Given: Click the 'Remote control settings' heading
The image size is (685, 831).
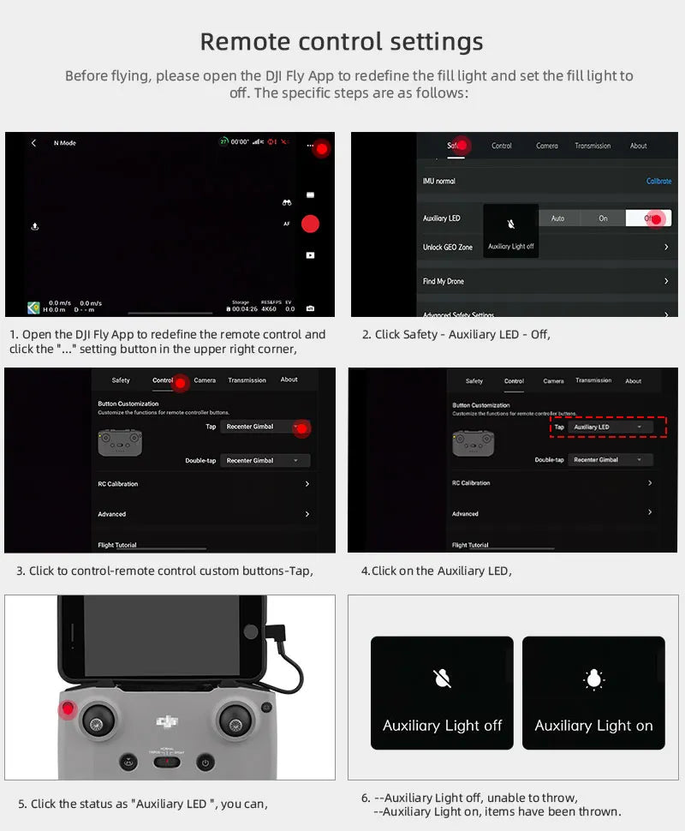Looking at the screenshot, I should pos(342,41).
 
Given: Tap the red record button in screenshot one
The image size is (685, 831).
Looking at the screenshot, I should pos(310,224).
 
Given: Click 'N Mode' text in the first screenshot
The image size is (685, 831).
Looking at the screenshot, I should pos(64,143).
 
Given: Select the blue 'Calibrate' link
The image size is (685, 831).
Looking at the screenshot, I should pos(658,182).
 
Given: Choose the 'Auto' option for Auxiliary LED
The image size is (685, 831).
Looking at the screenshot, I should pos(557,218).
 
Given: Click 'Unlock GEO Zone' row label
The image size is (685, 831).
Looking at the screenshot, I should pos(447,248).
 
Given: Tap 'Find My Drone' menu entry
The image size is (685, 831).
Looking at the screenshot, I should pos(443,282).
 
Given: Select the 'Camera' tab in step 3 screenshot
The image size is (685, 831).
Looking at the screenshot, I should pos(205,380).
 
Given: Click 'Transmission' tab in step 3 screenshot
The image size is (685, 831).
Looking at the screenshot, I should pos(247,380).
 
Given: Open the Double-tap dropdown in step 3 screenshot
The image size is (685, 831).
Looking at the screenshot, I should pos(265,461).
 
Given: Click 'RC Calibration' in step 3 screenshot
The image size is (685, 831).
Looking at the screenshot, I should pos(118,484).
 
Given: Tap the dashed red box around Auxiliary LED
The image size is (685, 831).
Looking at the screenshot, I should pos(608,427).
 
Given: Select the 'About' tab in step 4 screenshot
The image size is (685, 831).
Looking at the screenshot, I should pos(633,381).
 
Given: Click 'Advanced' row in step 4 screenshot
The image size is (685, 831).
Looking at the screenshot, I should pos(465,514).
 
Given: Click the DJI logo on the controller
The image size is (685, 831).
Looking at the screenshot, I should pos(168,722).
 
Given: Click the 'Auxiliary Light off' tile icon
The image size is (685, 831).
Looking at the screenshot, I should pos(442,679).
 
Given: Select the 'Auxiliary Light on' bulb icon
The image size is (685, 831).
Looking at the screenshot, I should pos(593,679).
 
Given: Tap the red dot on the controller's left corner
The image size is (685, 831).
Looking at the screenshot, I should pos(68,709).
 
